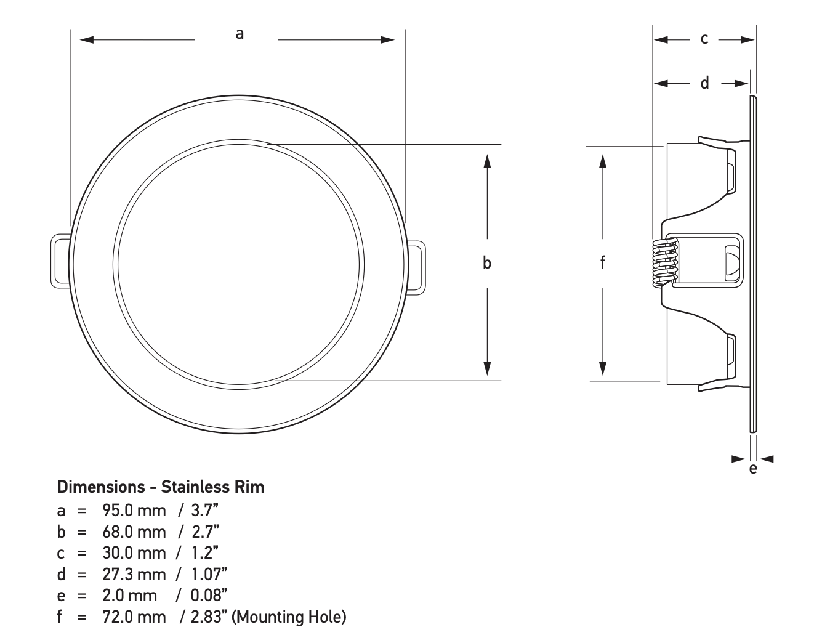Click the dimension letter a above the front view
pyautogui.click(x=240, y=34)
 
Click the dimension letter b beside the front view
pyautogui.click(x=487, y=263)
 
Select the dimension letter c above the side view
pyautogui.click(x=704, y=39)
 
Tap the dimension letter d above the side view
pyautogui.click(x=705, y=83)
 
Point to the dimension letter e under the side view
pyautogui.click(x=752, y=469)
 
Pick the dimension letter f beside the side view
pyautogui.click(x=603, y=263)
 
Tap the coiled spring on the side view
pyautogui.click(x=664, y=263)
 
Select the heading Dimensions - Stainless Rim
pyautogui.click(x=161, y=487)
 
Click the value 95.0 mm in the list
pyautogui.click(x=134, y=511)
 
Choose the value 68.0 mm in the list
pyautogui.click(x=134, y=532)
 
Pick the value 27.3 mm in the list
pyautogui.click(x=134, y=575)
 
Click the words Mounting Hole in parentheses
pyautogui.click(x=289, y=617)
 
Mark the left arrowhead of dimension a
pyautogui.click(x=87, y=40)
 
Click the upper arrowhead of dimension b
pyautogui.click(x=487, y=161)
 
